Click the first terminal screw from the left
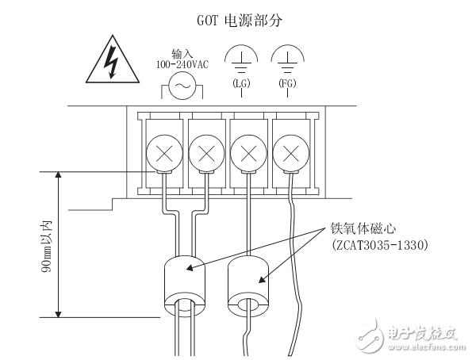tap(163, 151)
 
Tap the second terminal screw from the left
tap(205, 151)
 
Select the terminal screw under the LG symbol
tap(248, 151)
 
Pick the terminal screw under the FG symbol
tap(290, 151)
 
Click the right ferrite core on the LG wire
tap(248, 281)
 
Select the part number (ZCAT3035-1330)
tap(379, 246)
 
